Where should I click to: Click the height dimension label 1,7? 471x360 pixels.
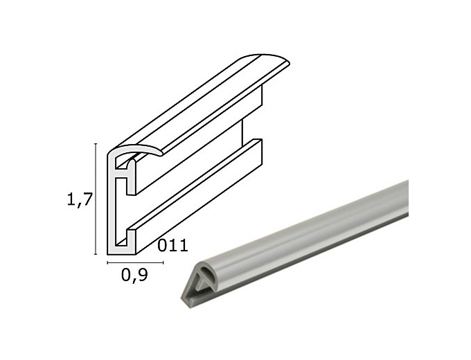(79, 200)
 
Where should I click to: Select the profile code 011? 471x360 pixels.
(173, 244)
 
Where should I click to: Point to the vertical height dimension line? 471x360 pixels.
(94, 201)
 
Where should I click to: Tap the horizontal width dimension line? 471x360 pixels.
(134, 262)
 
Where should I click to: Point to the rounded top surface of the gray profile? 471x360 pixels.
(312, 222)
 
